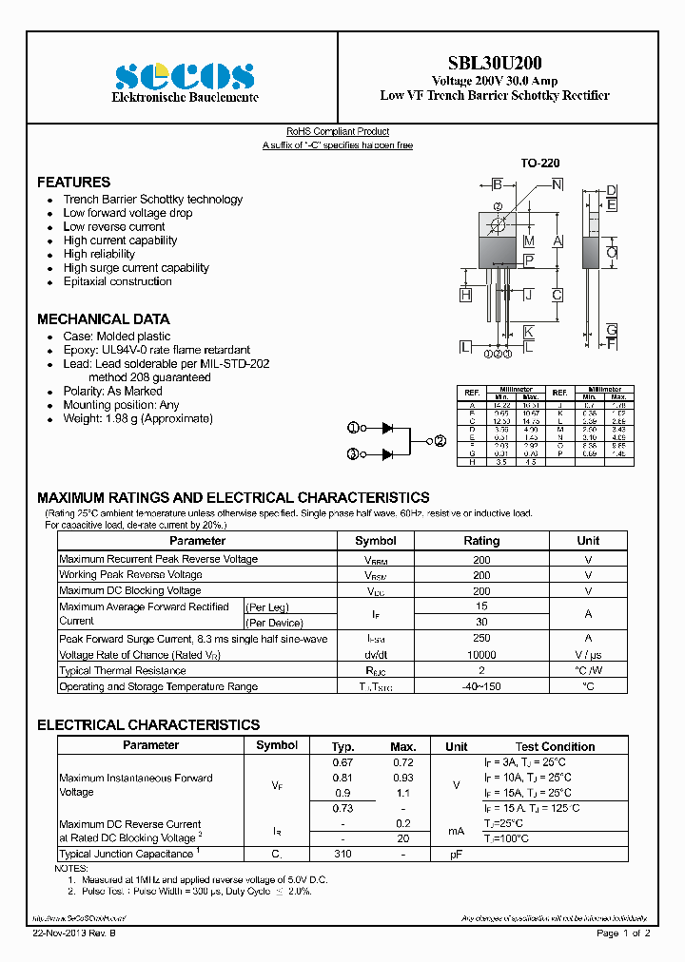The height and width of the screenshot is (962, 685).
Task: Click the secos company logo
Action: point(185,76)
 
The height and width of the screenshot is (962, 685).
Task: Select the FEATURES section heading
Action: point(73,182)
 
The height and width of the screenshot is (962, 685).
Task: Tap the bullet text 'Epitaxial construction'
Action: point(117,281)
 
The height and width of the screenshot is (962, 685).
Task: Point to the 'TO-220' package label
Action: point(539,164)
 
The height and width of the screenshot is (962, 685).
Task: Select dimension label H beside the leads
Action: point(465,295)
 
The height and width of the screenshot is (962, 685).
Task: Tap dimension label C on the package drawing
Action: point(557,295)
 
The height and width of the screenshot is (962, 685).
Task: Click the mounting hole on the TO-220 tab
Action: point(498,225)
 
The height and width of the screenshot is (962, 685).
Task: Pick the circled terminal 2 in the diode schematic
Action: point(440,441)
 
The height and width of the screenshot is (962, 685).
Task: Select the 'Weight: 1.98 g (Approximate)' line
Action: point(138,418)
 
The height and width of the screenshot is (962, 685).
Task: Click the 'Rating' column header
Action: point(481,540)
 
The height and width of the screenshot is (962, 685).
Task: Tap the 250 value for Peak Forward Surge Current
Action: point(481,639)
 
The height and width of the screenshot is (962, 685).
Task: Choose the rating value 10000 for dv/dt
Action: point(481,655)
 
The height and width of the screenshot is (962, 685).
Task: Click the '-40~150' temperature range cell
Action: point(481,686)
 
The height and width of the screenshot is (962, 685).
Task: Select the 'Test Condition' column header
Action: point(555,746)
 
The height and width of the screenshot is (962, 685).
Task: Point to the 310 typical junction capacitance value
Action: point(342,855)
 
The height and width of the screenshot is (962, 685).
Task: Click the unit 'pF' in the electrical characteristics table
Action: point(456,855)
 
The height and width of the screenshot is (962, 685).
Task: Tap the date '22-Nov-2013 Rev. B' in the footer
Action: point(82,933)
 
